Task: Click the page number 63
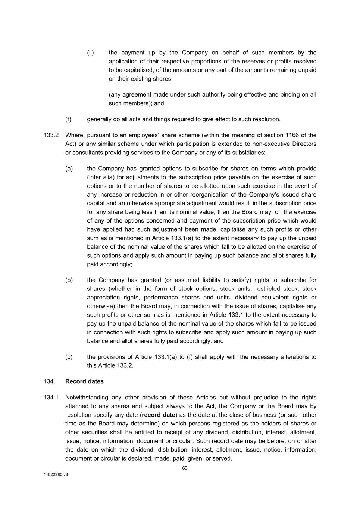[185, 468]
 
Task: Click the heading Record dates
[84, 381]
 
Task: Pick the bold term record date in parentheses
[159, 415]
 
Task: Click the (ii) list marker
[90, 53]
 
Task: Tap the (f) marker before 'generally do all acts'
[68, 119]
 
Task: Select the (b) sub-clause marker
[69, 280]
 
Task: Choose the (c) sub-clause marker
[69, 357]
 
